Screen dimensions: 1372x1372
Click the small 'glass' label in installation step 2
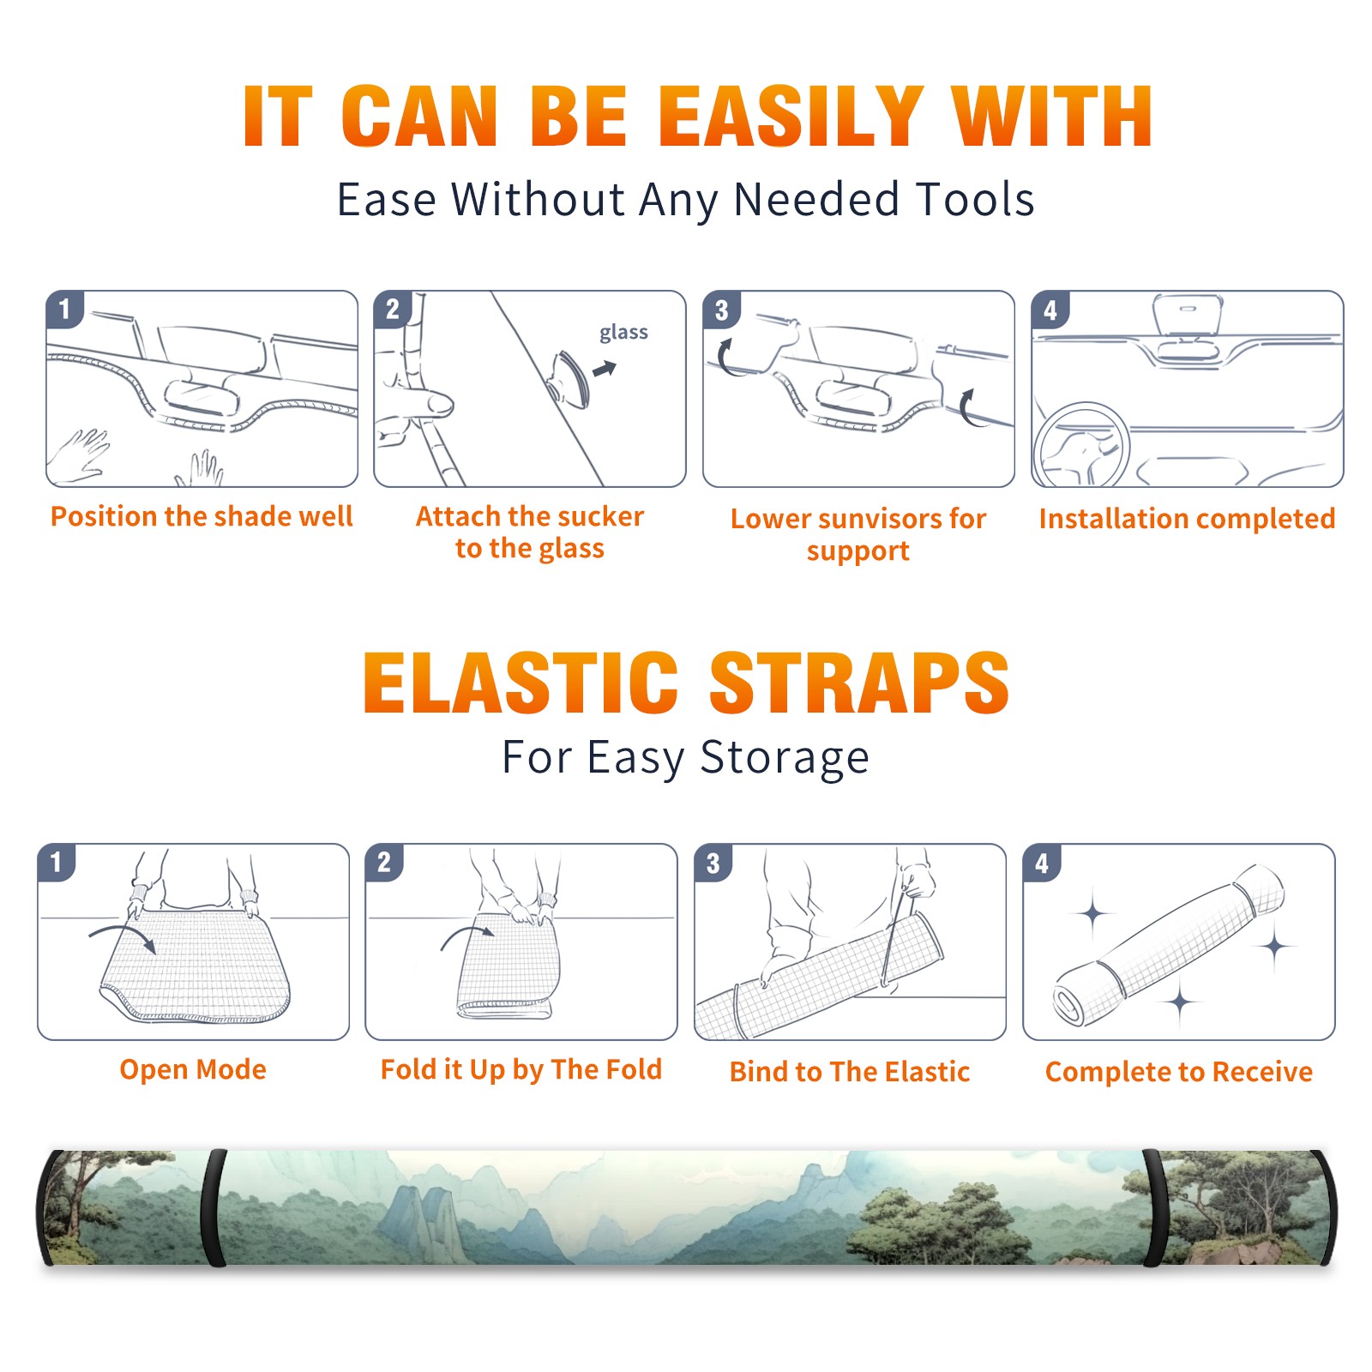pos(623,333)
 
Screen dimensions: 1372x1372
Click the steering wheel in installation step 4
pos(1080,446)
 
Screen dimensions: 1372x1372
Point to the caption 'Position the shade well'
pos(202,516)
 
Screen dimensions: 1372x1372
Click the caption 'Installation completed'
pos(1187,519)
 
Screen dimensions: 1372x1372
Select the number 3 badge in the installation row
pos(721,310)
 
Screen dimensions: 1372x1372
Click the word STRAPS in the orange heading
pos(859,683)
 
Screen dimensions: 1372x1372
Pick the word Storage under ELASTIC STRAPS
pos(785,758)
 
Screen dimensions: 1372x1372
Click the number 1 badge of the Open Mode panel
pos(57,863)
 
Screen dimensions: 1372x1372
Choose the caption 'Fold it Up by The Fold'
pos(521,1069)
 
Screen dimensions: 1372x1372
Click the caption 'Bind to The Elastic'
pos(850,1072)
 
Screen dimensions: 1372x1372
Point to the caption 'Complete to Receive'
pos(1179,1072)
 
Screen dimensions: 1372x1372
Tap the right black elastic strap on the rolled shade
pos(1153,1208)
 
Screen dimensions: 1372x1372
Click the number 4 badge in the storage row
pos(1042,863)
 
